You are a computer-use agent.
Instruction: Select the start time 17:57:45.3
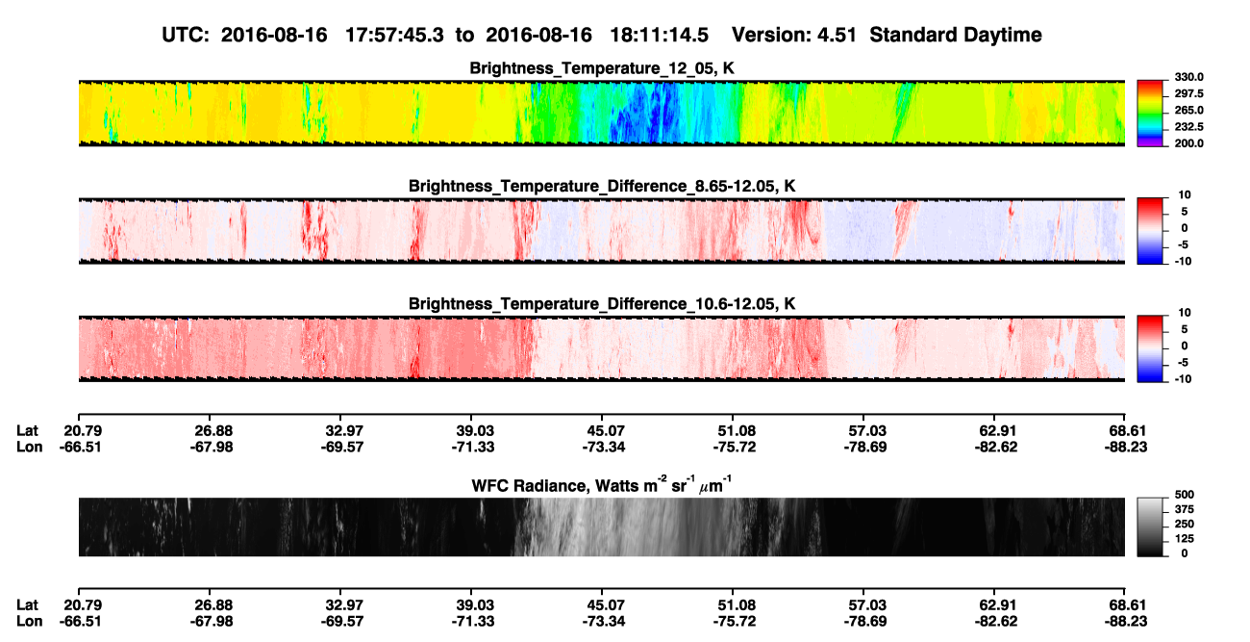[x=394, y=35]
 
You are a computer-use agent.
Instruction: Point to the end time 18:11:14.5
[x=659, y=35]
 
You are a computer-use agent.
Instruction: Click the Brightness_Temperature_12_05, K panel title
[x=602, y=68]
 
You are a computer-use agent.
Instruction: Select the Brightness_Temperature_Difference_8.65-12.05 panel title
[x=602, y=186]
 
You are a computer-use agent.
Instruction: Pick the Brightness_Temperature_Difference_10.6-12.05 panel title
[x=602, y=304]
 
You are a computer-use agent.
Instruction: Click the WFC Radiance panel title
[x=602, y=485]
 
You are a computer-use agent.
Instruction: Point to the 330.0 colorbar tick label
[x=1188, y=77]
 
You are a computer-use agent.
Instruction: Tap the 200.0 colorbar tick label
[x=1188, y=143]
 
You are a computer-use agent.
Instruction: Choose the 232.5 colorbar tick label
[x=1188, y=127]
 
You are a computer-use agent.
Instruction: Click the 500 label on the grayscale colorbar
[x=1185, y=495]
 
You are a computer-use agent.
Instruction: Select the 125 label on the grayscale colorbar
[x=1185, y=539]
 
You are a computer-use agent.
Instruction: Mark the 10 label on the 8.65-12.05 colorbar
[x=1185, y=195]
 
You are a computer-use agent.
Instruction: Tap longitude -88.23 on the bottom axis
[x=1126, y=622]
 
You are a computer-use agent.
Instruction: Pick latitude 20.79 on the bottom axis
[x=83, y=605]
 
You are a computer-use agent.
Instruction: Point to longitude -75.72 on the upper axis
[x=734, y=447]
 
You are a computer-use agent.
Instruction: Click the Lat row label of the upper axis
[x=27, y=431]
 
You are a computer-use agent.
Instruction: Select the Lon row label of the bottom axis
[x=29, y=622]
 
